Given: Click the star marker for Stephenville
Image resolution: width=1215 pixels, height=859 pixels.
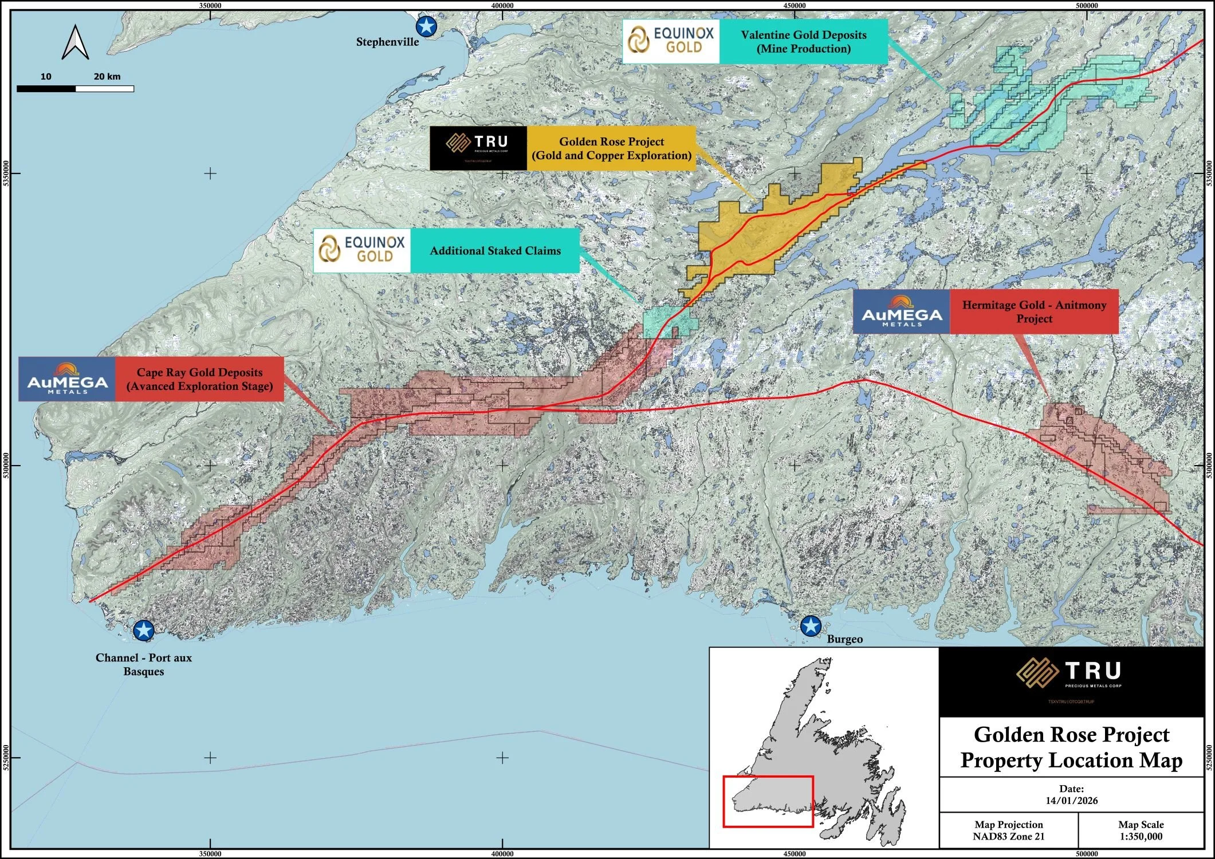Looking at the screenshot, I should click(426, 26).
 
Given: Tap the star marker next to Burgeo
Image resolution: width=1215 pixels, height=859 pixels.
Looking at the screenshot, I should click(811, 626).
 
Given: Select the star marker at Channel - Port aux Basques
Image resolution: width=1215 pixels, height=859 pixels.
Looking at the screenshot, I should click(143, 631).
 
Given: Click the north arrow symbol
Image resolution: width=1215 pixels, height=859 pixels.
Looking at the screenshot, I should click(75, 42).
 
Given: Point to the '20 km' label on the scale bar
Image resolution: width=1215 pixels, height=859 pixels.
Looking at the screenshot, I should click(107, 77).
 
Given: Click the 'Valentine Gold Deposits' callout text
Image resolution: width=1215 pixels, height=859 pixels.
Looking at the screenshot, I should click(803, 42).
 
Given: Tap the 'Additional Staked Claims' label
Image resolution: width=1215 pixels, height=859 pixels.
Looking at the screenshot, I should click(495, 251).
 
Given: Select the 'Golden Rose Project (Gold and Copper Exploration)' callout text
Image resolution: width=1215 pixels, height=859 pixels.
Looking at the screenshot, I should click(611, 148).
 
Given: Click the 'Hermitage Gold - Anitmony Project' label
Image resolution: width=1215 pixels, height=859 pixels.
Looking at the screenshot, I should click(1034, 312).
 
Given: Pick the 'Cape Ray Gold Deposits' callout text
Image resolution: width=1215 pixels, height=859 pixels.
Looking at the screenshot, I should click(199, 379).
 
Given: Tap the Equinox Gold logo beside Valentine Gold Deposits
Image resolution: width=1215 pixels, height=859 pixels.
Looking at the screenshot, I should click(671, 41).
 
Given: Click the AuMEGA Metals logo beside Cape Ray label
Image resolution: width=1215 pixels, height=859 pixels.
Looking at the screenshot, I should click(67, 379).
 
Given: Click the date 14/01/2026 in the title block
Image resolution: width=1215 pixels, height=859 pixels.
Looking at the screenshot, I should click(1071, 801).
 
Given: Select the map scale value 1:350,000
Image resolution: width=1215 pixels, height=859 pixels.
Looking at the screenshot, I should click(1141, 837).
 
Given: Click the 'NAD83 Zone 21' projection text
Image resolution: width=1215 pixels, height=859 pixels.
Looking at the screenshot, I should click(1008, 837).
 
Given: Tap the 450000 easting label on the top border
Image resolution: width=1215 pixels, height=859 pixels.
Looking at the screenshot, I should click(794, 6).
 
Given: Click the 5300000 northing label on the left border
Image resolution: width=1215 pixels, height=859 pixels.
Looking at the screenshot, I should click(6, 466).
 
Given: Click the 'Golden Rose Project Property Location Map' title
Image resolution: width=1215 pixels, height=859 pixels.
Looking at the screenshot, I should click(1071, 747).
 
